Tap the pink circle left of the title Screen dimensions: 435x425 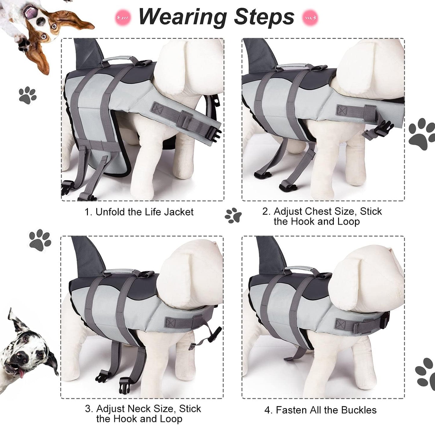tap(123, 17)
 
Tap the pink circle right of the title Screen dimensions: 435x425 tap(310, 17)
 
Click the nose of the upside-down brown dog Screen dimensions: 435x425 tap(40, 21)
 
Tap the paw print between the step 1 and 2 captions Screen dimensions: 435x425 tap(233, 216)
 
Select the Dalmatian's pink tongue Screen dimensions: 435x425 tap(22, 374)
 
